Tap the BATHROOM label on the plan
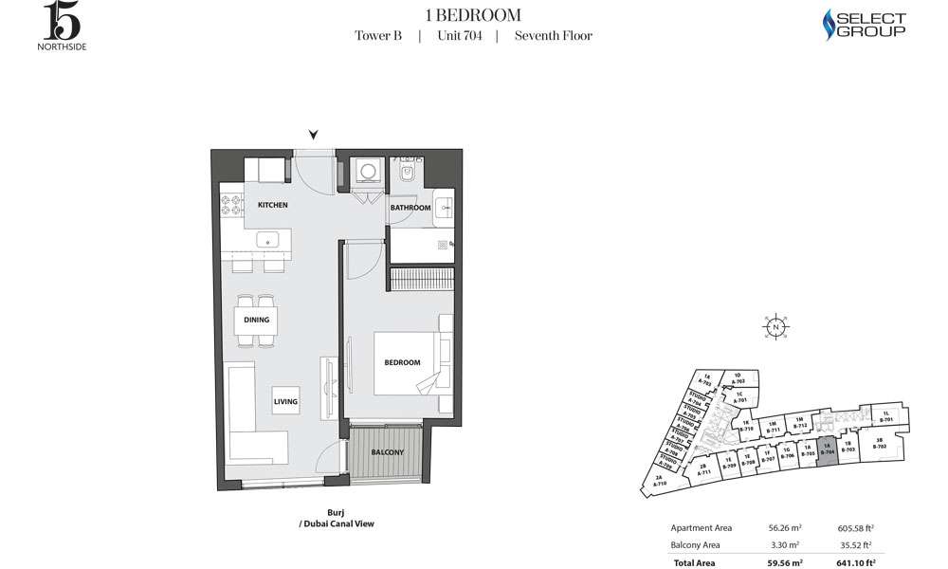click(410, 208)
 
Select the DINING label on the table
click(257, 320)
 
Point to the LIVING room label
click(286, 402)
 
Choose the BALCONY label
click(388, 452)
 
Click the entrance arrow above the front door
click(314, 135)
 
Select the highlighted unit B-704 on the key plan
click(827, 450)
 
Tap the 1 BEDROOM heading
click(473, 14)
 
